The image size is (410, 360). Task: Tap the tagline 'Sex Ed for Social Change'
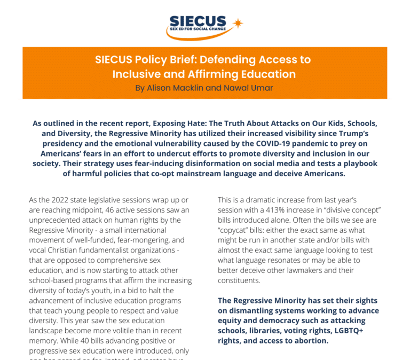point(198,29)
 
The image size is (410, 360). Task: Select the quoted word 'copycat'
point(234,230)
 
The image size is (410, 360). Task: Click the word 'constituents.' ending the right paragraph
point(239,281)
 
